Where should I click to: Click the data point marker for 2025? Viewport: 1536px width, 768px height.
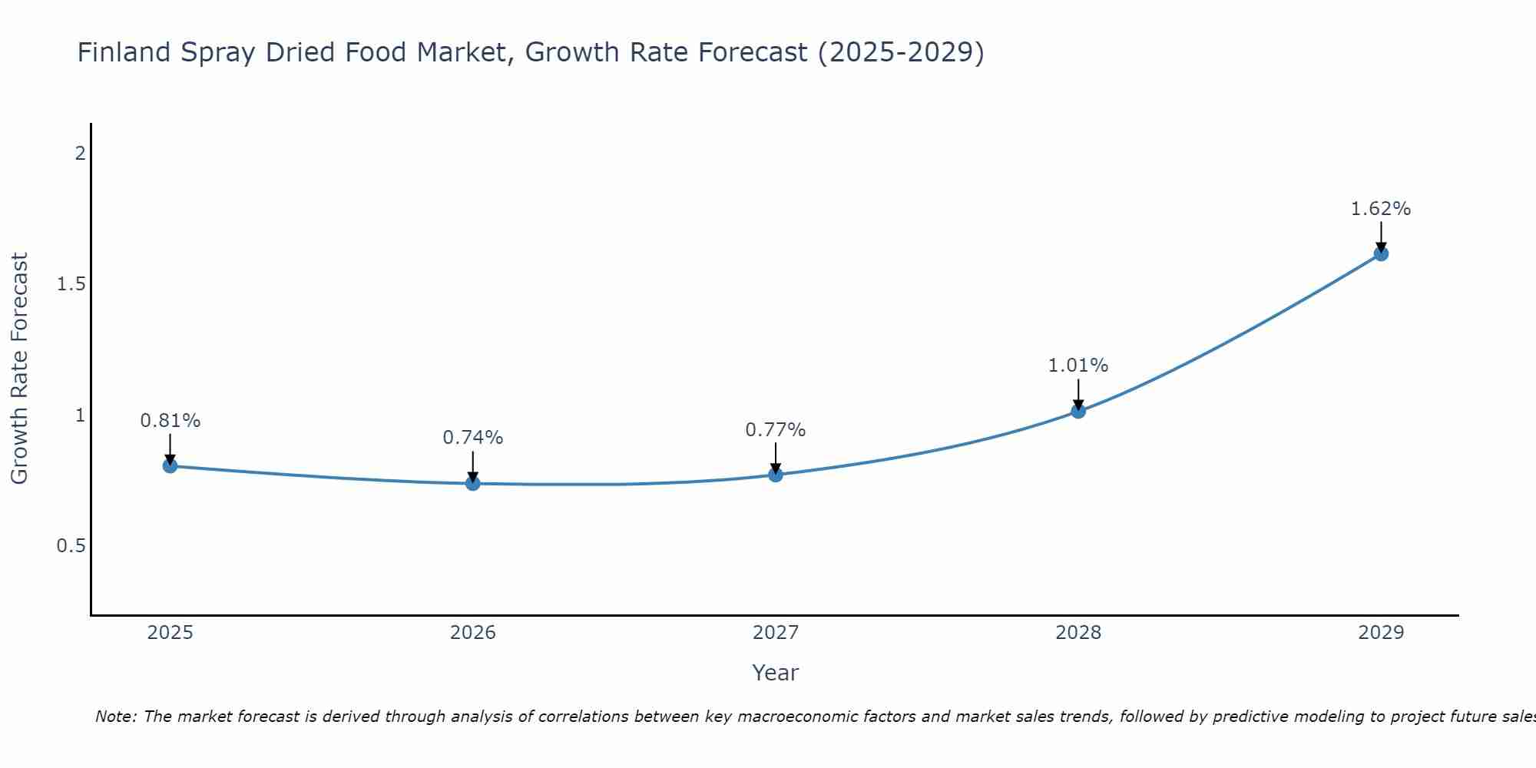tap(170, 466)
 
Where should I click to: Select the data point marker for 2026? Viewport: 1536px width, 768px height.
tap(473, 484)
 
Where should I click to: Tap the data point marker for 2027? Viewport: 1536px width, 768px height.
tap(776, 475)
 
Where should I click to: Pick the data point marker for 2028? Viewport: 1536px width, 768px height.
tap(1078, 411)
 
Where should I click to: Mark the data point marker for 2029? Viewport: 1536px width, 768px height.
tap(1381, 253)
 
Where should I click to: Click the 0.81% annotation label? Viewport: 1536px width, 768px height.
tap(170, 421)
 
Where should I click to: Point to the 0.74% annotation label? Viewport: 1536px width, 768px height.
tap(473, 438)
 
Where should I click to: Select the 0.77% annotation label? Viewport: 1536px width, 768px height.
tap(776, 430)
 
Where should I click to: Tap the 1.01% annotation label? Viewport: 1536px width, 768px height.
tap(1078, 366)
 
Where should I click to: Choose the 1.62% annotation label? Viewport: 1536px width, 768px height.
tap(1381, 209)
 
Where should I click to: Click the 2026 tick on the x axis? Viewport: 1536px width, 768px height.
tap(473, 633)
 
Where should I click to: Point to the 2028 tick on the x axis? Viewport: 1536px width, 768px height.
tap(1078, 633)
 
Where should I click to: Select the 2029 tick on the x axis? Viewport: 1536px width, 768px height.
tap(1381, 633)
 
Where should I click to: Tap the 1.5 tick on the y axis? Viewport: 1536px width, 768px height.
tap(71, 285)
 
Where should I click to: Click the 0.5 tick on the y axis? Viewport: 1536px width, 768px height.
tap(71, 546)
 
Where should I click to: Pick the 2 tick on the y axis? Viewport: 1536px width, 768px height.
tap(80, 154)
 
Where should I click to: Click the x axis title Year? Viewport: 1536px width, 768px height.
tap(776, 673)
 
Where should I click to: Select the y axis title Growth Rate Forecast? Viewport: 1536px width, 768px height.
tap(20, 369)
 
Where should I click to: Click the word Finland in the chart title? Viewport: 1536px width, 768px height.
tap(124, 52)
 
